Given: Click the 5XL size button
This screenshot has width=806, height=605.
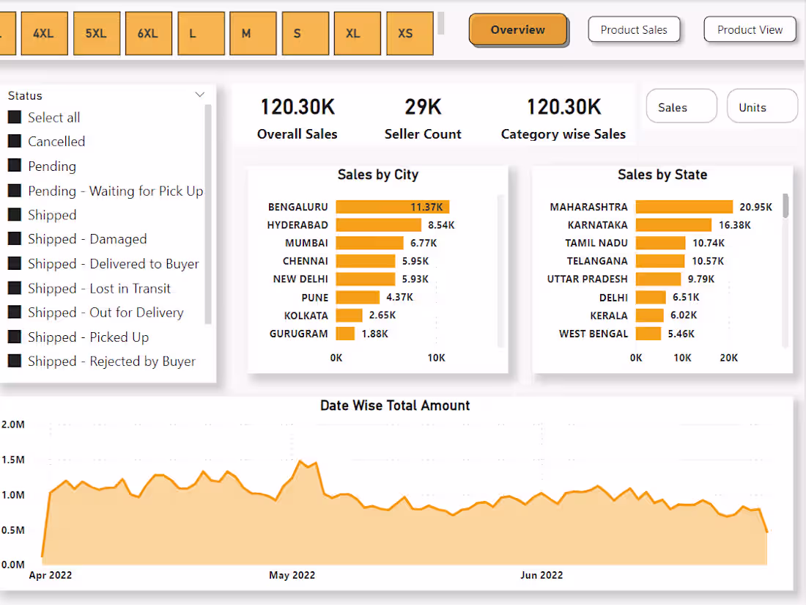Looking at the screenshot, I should pyautogui.click(x=96, y=34).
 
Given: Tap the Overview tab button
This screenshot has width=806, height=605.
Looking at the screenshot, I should pyautogui.click(x=517, y=30).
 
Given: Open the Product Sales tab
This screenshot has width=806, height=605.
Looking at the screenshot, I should pyautogui.click(x=634, y=30).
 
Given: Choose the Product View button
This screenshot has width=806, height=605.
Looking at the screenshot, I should pyautogui.click(x=750, y=30).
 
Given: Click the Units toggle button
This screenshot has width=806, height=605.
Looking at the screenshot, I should pyautogui.click(x=761, y=107).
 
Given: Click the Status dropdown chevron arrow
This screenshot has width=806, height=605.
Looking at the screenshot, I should pyautogui.click(x=199, y=95).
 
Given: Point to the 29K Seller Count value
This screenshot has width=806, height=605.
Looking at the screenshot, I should pyautogui.click(x=423, y=107).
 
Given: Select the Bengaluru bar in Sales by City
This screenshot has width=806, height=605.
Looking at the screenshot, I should pyautogui.click(x=392, y=208).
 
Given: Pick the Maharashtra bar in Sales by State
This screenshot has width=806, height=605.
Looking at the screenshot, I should pyautogui.click(x=684, y=208).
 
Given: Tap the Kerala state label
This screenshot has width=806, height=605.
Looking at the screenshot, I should pyautogui.click(x=609, y=315).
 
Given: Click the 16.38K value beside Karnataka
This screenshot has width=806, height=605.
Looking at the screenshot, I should pyautogui.click(x=734, y=225).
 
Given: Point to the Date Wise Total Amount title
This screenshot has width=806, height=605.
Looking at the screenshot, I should pyautogui.click(x=395, y=406).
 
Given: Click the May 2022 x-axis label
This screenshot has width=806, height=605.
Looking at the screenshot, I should pyautogui.click(x=292, y=575).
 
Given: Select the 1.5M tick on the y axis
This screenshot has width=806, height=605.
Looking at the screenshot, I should pyautogui.click(x=13, y=460).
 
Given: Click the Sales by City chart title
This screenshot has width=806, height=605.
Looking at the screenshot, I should pyautogui.click(x=377, y=175).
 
